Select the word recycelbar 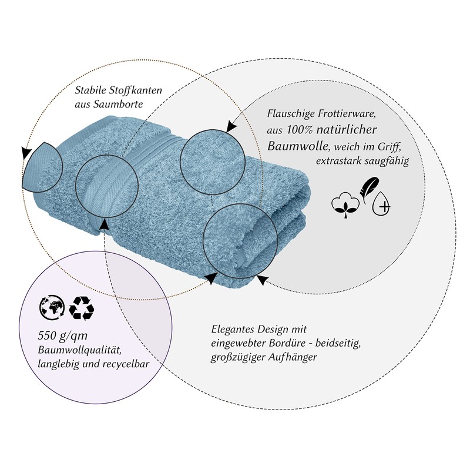point(124,364)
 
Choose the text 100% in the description point(303,129)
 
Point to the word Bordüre point(291,343)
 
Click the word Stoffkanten point(133,90)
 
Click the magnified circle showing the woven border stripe point(107,184)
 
